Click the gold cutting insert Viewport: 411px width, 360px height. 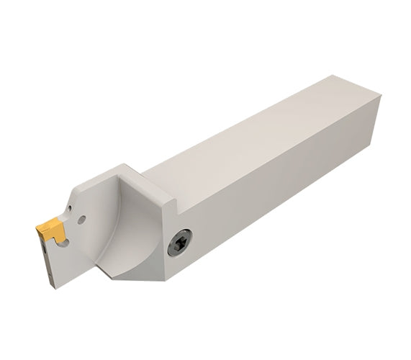tap(52, 230)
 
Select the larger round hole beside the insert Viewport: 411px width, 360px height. tap(82, 219)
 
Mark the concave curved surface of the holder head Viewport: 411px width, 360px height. tap(130, 230)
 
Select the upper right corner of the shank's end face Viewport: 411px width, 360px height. tap(379, 96)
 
